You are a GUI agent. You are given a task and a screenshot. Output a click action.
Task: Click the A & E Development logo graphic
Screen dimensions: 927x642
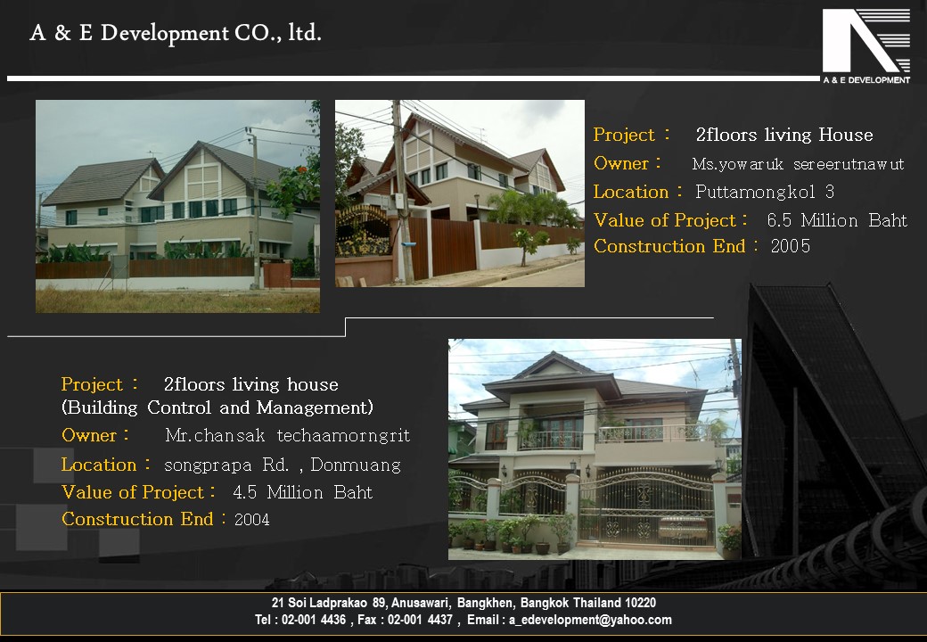(866, 46)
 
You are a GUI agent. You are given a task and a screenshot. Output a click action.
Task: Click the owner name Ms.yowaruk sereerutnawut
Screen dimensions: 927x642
(798, 164)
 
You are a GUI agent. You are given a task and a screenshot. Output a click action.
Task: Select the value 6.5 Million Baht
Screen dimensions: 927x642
(837, 220)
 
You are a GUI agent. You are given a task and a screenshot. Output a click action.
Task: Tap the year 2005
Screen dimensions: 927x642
(791, 246)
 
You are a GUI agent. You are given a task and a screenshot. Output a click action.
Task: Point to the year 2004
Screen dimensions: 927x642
(252, 519)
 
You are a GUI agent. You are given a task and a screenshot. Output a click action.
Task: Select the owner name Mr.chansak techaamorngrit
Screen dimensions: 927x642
(287, 436)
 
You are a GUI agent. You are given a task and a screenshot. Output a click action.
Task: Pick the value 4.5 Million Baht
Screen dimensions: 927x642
(303, 492)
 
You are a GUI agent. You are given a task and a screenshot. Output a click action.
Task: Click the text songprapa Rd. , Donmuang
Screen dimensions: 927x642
(283, 465)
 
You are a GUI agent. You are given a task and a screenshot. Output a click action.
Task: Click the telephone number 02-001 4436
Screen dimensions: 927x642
(314, 620)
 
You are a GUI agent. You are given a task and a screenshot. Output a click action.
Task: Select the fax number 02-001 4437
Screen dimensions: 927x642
(420, 620)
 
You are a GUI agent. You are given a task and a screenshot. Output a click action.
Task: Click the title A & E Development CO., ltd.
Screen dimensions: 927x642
(176, 33)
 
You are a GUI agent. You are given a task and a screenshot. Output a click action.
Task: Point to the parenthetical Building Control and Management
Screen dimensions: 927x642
(217, 407)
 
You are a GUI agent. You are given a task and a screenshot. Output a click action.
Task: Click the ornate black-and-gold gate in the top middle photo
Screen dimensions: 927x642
(363, 231)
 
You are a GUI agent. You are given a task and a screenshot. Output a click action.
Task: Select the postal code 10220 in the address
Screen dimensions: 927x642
(640, 603)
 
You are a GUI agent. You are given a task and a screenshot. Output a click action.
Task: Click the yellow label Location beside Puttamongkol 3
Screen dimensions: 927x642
(631, 192)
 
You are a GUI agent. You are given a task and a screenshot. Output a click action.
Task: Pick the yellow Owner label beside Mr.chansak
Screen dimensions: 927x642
(89, 435)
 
